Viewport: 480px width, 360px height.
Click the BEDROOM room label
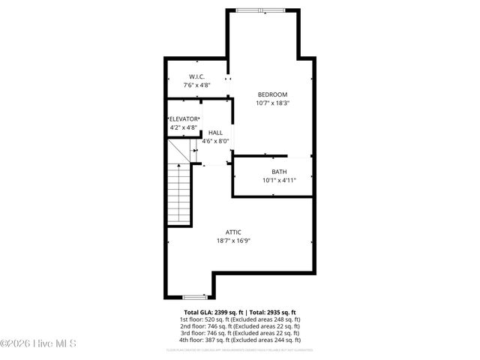[272, 94]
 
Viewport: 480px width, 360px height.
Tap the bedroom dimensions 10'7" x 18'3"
[272, 103]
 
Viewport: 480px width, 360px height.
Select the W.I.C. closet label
[196, 76]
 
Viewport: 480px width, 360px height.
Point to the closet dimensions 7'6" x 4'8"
[196, 85]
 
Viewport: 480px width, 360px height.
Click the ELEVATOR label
[184, 119]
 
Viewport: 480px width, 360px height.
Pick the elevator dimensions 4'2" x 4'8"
[184, 127]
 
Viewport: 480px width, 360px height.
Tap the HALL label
[215, 132]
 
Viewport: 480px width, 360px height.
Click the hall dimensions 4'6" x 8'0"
[215, 141]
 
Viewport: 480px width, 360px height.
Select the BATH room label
[279, 172]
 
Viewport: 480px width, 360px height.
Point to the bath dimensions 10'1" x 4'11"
[279, 181]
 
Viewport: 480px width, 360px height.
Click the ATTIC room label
[233, 232]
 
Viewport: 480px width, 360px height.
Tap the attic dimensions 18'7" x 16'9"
[233, 241]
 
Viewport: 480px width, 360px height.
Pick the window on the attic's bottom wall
[195, 297]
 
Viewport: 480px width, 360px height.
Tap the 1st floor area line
[240, 319]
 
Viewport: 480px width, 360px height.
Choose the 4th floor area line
[240, 340]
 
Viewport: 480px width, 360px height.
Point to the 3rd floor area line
[240, 333]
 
